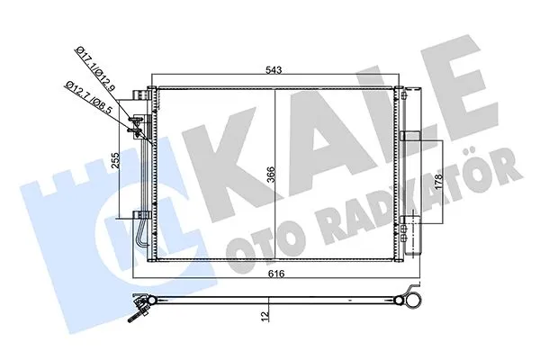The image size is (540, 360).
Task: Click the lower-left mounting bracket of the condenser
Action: pos(140,214)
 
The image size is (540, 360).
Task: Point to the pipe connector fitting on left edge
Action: pos(137,126)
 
